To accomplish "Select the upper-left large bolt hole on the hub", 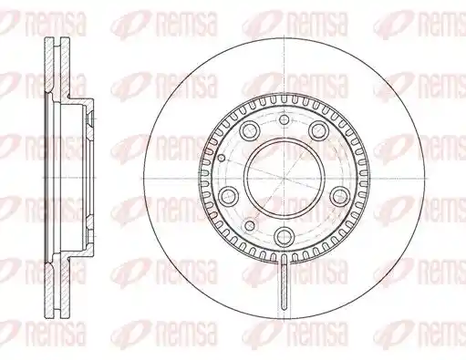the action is point(250,130).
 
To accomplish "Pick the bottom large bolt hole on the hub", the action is point(285,235).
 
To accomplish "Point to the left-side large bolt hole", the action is point(229,196).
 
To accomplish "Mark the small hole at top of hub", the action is point(284,119).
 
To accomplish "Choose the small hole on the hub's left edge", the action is point(222,158).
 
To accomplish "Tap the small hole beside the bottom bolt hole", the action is point(250,225).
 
